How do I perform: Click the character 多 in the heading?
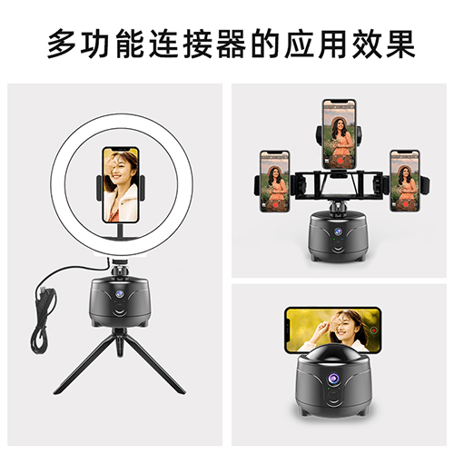click(x=62, y=43)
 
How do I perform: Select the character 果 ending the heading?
click(x=400, y=43)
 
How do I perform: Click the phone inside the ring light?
click(x=121, y=185)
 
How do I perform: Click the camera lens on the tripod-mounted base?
click(x=120, y=294)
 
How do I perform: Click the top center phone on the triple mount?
click(x=339, y=133)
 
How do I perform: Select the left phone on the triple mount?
click(x=275, y=181)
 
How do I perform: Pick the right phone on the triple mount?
click(x=405, y=181)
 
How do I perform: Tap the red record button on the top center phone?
click(x=340, y=161)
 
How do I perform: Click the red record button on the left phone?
click(x=275, y=205)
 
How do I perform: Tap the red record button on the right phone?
click(x=406, y=204)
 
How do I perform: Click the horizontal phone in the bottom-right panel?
click(x=332, y=330)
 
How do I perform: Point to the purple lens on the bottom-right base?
click(x=333, y=378)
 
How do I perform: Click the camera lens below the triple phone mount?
click(x=338, y=232)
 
